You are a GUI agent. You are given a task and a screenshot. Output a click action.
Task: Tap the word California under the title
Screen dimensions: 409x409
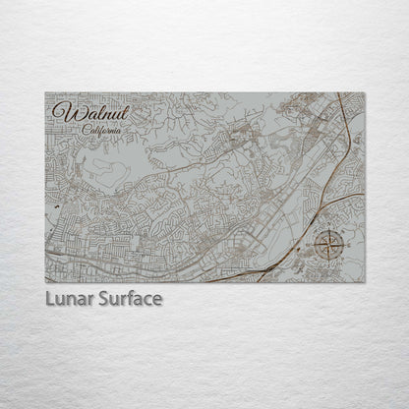[103, 131]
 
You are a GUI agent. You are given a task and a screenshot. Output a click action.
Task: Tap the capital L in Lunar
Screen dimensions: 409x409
[49, 298]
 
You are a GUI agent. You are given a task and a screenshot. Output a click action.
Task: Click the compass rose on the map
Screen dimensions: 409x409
[331, 241]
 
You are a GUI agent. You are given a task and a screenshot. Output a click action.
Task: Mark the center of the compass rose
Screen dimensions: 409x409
[331, 241]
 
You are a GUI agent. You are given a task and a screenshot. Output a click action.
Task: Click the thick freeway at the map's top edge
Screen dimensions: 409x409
[339, 98]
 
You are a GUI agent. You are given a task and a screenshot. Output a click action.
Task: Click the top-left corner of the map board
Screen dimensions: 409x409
[45, 92]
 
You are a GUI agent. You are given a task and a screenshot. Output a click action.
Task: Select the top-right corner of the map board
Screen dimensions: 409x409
[365, 92]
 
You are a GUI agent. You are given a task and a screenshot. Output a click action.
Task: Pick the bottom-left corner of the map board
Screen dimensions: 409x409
[45, 282]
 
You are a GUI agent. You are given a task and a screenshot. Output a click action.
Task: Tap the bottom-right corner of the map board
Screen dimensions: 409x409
[365, 282]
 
